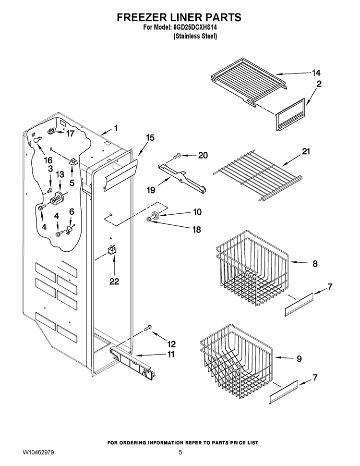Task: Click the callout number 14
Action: (316, 73)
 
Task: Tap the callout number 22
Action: (114, 281)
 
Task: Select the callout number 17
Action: (70, 134)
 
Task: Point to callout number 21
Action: (306, 151)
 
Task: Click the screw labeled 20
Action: (178, 155)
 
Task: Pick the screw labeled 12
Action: (148, 328)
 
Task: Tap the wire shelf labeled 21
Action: (258, 176)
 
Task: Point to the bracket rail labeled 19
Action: (182, 177)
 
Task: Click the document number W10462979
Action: (38, 453)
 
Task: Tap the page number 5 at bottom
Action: (180, 453)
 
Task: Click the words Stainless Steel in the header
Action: (195, 36)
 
